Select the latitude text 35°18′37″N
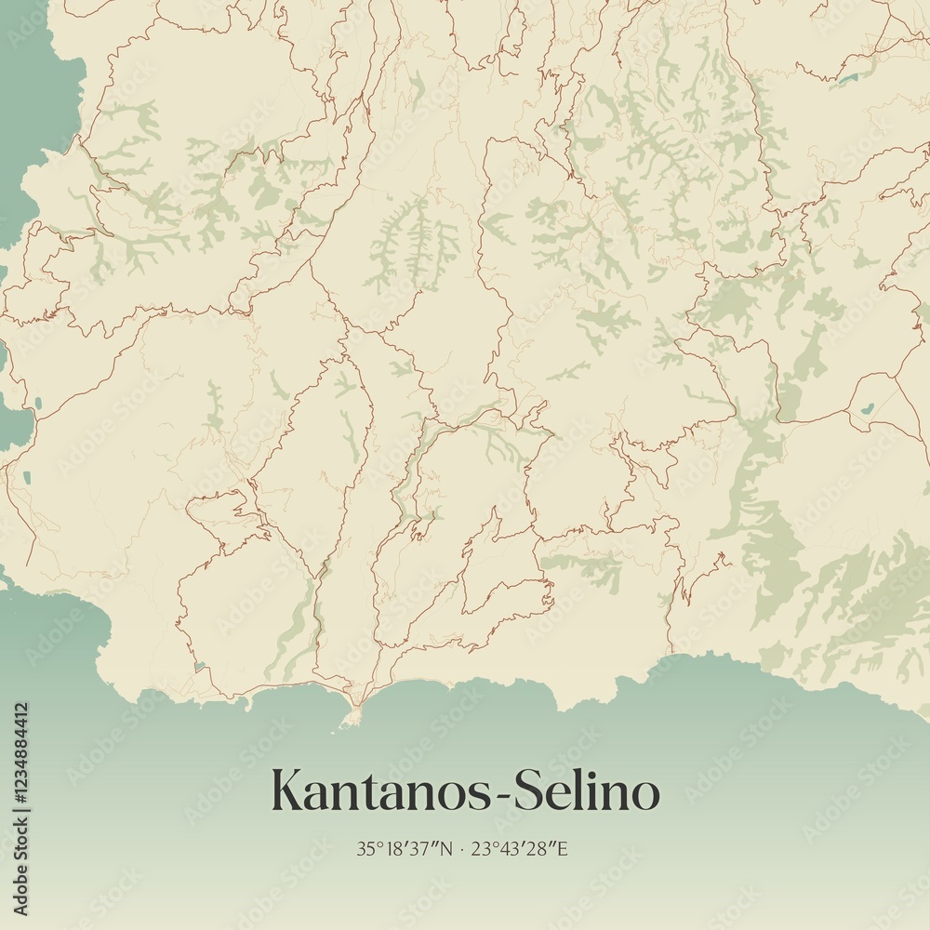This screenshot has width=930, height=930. pos(404,848)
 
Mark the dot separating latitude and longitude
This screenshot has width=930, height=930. pos(461,848)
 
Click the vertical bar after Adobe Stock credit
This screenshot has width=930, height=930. pos(20,817)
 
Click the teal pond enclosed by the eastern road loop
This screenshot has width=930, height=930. pos(867,407)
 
